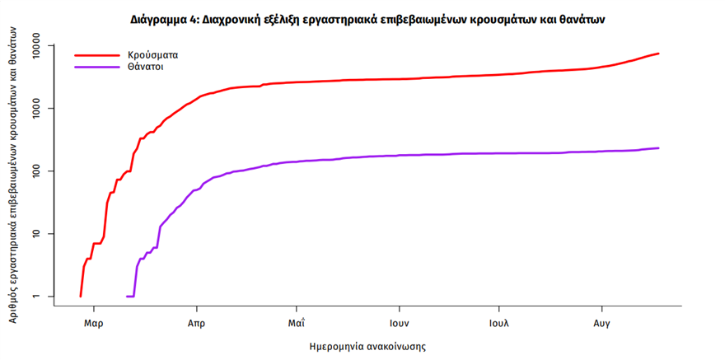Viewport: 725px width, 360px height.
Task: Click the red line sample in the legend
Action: pyautogui.click(x=95, y=55)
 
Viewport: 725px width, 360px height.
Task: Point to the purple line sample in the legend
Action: pyautogui.click(x=95, y=67)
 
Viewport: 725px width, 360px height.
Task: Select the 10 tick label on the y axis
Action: pyautogui.click(x=41, y=233)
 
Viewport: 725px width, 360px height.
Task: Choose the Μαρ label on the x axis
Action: pyautogui.click(x=93, y=324)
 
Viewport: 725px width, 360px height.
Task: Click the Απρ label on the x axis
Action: pyautogui.click(x=195, y=324)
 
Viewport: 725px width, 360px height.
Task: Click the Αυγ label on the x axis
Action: pyautogui.click(x=602, y=324)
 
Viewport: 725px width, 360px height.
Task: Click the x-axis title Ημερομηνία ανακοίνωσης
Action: pyautogui.click(x=367, y=347)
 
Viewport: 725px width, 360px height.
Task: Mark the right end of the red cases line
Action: pyautogui.click(x=658, y=54)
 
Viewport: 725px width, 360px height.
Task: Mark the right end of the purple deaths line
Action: pyautogui.click(x=658, y=148)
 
